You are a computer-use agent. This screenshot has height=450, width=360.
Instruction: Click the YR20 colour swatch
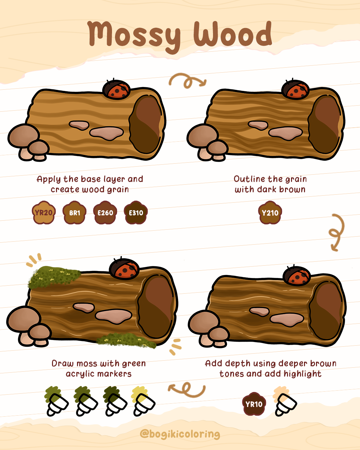click(44, 212)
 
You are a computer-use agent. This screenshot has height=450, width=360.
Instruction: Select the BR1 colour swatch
click(74, 212)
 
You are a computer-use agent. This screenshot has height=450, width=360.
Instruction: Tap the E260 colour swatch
click(105, 212)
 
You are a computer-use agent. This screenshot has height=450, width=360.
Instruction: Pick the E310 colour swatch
click(136, 212)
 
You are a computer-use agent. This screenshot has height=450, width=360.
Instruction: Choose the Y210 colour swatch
click(270, 212)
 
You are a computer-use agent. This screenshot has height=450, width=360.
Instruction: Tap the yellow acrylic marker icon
click(143, 401)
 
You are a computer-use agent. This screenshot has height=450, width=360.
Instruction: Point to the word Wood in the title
click(233, 33)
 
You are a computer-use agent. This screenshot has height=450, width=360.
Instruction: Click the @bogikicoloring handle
click(180, 434)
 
